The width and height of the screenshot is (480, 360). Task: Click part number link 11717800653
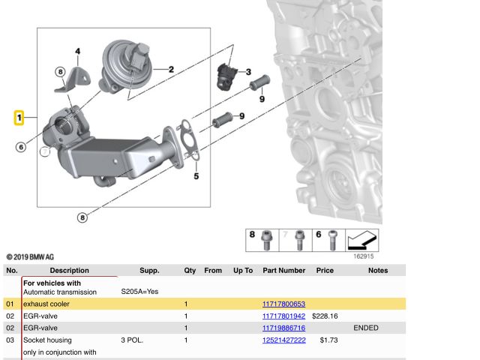[x=283, y=304]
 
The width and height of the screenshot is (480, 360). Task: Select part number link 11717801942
[x=283, y=316]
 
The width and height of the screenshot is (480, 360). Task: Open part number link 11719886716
[x=283, y=328]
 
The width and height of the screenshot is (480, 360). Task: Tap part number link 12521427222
[x=283, y=340]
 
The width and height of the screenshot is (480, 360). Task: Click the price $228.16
[x=325, y=316]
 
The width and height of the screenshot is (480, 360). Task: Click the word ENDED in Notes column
[x=365, y=328]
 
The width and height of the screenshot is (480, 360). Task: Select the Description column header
[x=69, y=270]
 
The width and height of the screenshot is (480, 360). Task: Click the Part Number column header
[x=283, y=270]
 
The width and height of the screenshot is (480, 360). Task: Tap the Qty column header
[x=190, y=270]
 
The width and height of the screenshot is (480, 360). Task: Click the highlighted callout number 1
[x=20, y=118]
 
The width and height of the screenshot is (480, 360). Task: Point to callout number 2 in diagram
[x=171, y=70]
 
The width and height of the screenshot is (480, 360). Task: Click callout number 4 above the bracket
[x=77, y=51]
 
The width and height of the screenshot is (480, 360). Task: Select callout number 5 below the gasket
[x=196, y=177]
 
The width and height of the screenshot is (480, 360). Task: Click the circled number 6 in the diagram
[x=21, y=147]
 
